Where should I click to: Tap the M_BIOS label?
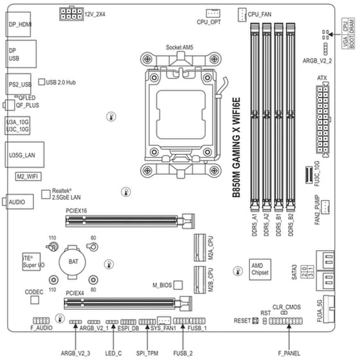[163, 284]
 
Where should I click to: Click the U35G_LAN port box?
[21, 155]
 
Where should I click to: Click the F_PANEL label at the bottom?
[288, 353]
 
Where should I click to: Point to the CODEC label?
[34, 292]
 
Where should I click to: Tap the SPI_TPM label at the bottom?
[147, 353]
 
